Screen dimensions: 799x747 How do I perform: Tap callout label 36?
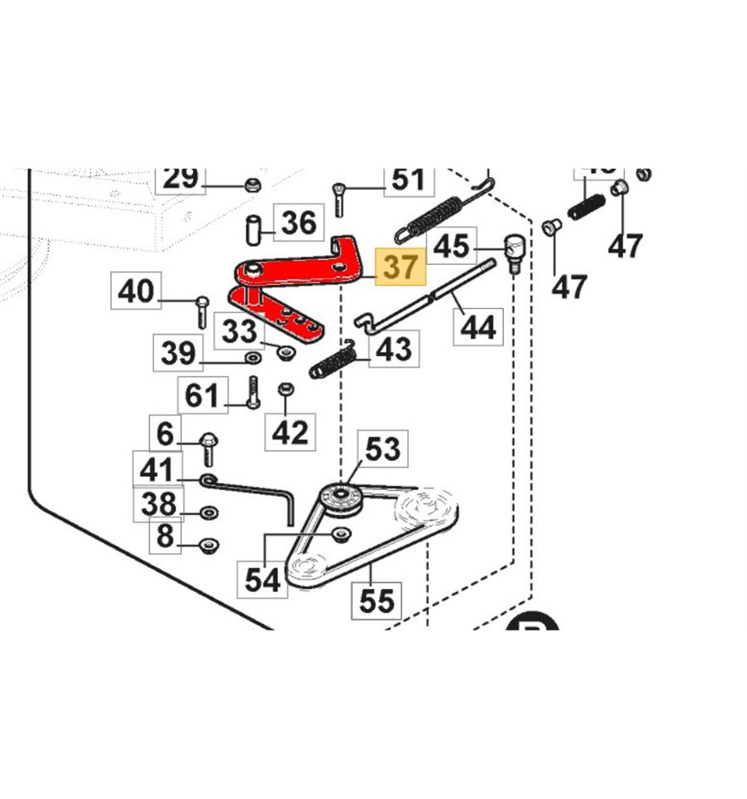pyautogui.click(x=298, y=223)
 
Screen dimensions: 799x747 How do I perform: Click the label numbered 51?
pyautogui.click(x=408, y=179)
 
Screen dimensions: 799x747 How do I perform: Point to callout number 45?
pyautogui.click(x=452, y=246)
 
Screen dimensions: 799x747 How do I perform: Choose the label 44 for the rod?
pyautogui.click(x=478, y=326)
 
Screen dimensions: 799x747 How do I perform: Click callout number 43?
pyautogui.click(x=393, y=350)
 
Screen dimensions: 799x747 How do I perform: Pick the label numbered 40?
pyautogui.click(x=136, y=292)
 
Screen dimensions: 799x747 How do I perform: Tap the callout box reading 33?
pyautogui.click(x=241, y=332)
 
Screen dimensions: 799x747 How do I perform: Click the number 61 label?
pyautogui.click(x=203, y=395)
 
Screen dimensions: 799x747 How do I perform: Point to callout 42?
pyautogui.click(x=290, y=432)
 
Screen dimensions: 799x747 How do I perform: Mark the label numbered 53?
pyautogui.click(x=383, y=449)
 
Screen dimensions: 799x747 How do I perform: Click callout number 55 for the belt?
pyautogui.click(x=375, y=600)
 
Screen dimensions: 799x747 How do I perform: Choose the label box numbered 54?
pyautogui.click(x=263, y=579)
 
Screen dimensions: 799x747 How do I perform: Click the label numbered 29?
pyautogui.click(x=181, y=178)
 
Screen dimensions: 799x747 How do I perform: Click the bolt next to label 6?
pyautogui.click(x=207, y=449)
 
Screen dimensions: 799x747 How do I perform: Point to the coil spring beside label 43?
pyautogui.click(x=332, y=364)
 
